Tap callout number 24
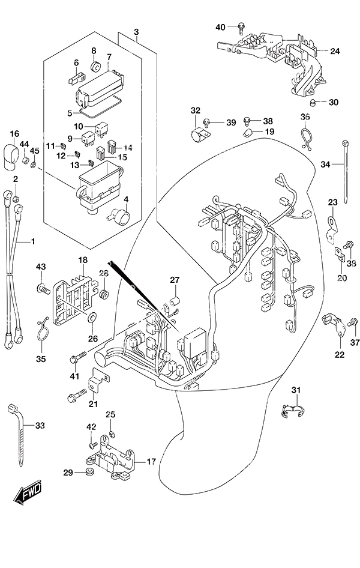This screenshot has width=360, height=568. tap(335, 51)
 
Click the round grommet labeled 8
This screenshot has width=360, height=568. tap(96, 67)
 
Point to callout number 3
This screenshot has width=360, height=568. tap(136, 32)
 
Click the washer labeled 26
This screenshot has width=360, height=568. tap(92, 318)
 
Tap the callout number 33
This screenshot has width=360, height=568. tap(40, 425)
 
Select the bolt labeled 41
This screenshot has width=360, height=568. tap(78, 357)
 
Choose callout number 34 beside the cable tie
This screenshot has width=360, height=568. tap(325, 165)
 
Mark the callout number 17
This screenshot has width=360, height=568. tap(151, 461)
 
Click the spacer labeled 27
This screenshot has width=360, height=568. tap(175, 301)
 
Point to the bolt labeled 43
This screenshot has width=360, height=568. tap(43, 289)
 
